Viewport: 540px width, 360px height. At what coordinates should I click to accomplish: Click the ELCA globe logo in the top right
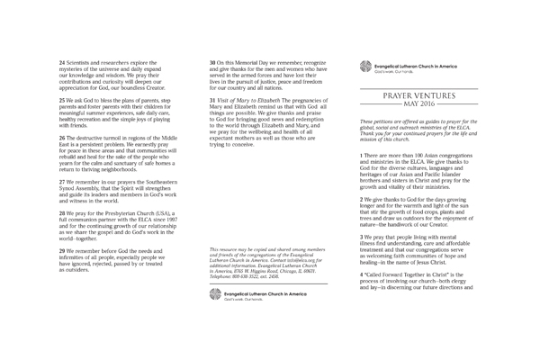point(365,64)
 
